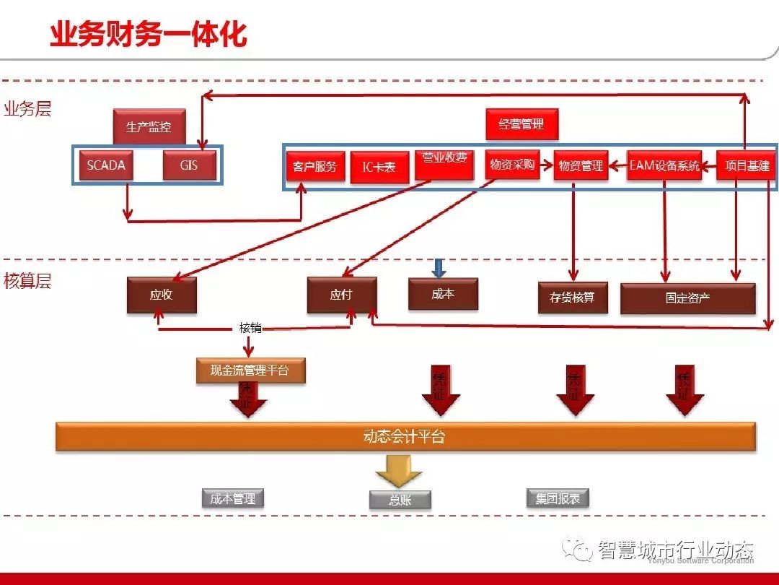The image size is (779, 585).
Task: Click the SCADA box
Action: point(106,165)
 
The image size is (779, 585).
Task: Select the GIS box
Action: point(190,165)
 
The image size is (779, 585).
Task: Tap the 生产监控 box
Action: point(149,126)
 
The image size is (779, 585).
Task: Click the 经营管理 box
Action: point(522,124)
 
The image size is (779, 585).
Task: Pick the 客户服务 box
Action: point(315,167)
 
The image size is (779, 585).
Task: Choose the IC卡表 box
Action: point(379,168)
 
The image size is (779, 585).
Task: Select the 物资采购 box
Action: point(512,165)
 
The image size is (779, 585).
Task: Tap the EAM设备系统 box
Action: point(664,166)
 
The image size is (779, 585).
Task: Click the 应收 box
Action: point(162,295)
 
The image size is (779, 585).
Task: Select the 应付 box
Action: point(341,295)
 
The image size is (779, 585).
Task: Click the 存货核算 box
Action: point(573,298)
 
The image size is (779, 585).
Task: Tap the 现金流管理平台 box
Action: point(250,370)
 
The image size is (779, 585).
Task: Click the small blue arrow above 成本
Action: point(439,268)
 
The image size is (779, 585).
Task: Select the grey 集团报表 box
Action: point(558,498)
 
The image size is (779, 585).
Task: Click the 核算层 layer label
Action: point(27,281)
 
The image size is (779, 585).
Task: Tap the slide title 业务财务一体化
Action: point(148,34)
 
